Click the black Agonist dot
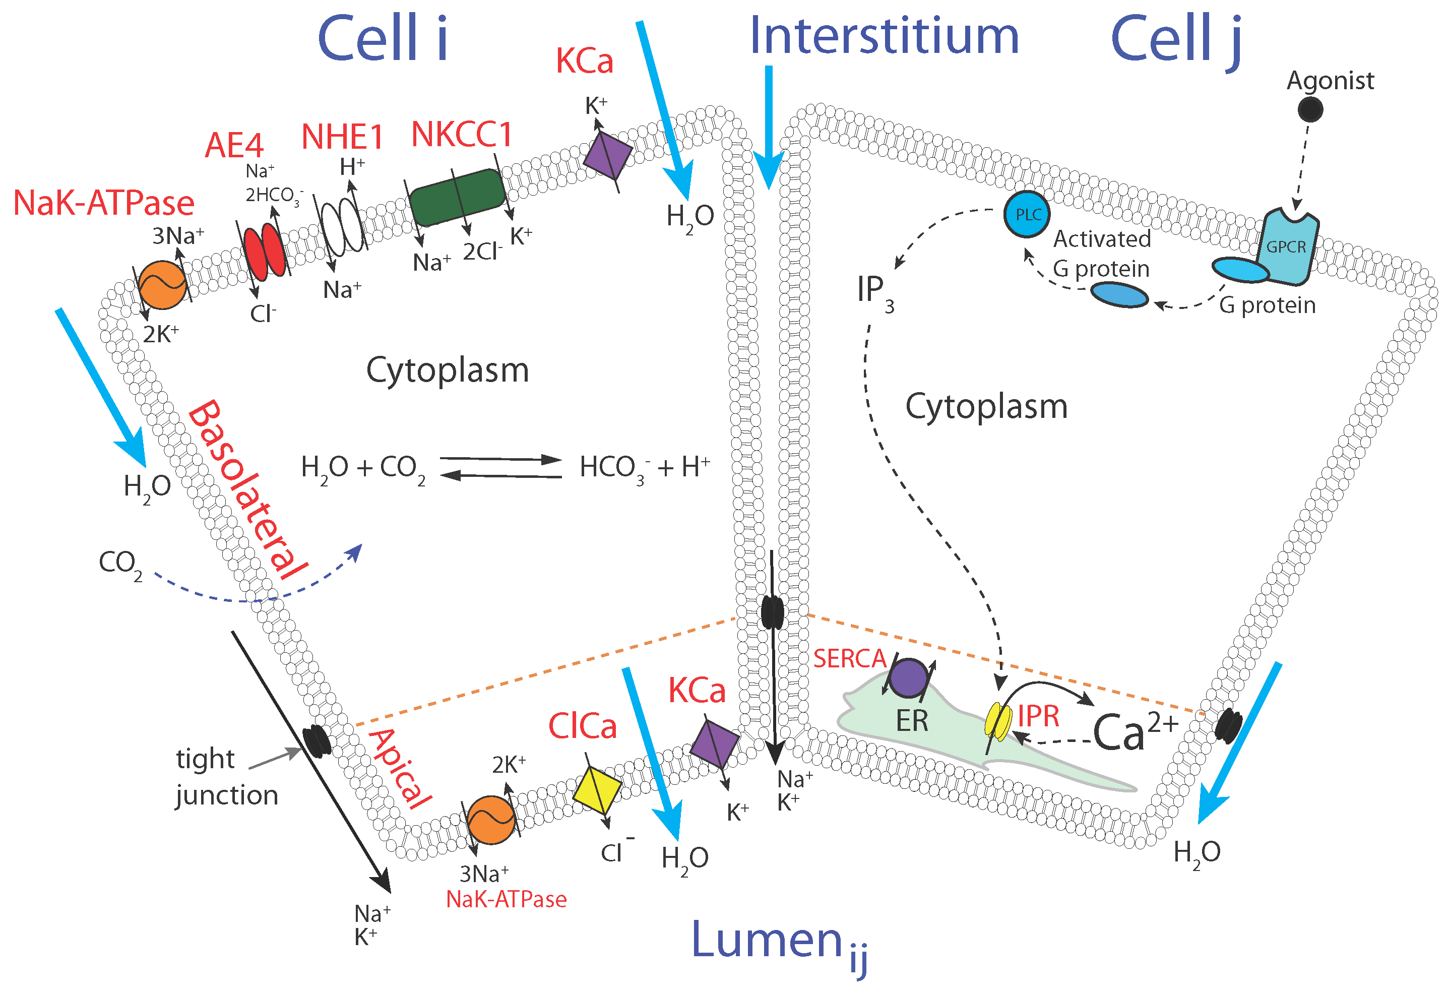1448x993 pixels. point(1310,110)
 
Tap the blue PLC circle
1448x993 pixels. point(1027,215)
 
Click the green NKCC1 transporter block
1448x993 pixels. point(457,197)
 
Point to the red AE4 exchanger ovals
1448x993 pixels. point(264,253)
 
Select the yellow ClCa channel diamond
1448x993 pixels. point(596,790)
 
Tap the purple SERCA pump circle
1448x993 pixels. point(908,678)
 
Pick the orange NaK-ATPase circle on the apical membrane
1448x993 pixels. point(491,820)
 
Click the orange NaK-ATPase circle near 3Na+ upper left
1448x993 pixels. point(162,285)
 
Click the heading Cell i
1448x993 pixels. point(383,39)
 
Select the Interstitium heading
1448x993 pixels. point(884,36)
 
